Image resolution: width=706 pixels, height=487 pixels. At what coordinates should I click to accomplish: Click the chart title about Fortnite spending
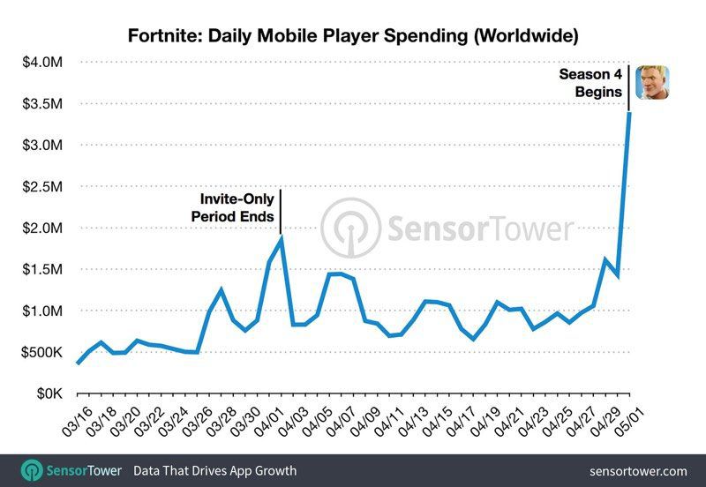(x=353, y=36)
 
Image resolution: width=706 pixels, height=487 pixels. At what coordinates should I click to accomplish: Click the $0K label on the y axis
(x=45, y=393)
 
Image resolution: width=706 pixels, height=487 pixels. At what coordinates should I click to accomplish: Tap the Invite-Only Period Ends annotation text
(x=233, y=208)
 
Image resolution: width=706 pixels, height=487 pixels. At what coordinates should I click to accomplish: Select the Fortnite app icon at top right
(x=652, y=83)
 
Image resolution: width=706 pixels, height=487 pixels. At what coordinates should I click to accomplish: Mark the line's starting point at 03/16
(x=78, y=363)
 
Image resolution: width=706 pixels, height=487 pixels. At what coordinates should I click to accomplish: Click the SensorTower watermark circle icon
(x=350, y=228)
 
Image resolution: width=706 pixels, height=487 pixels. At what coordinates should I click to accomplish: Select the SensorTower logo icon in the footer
(x=33, y=470)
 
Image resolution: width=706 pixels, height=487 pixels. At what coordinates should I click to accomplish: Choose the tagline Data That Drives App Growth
(x=214, y=471)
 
